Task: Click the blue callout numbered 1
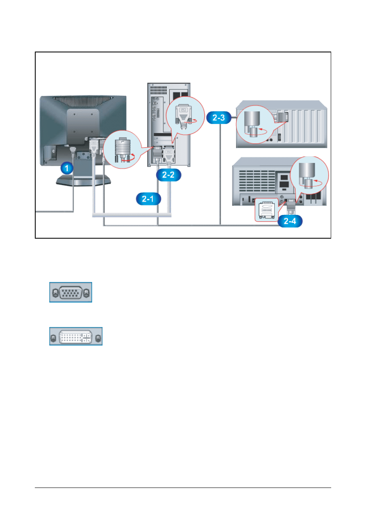click(67, 167)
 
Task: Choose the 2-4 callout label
click(291, 221)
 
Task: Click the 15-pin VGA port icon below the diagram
click(71, 292)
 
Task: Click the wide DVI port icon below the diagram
click(76, 336)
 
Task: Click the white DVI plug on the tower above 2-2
click(170, 157)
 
